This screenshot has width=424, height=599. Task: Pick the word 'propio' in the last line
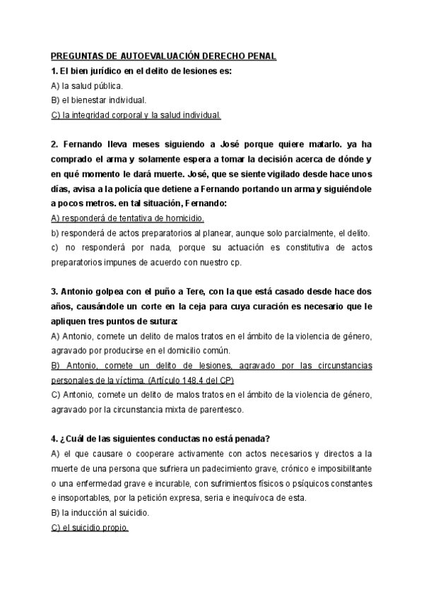(x=113, y=528)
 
